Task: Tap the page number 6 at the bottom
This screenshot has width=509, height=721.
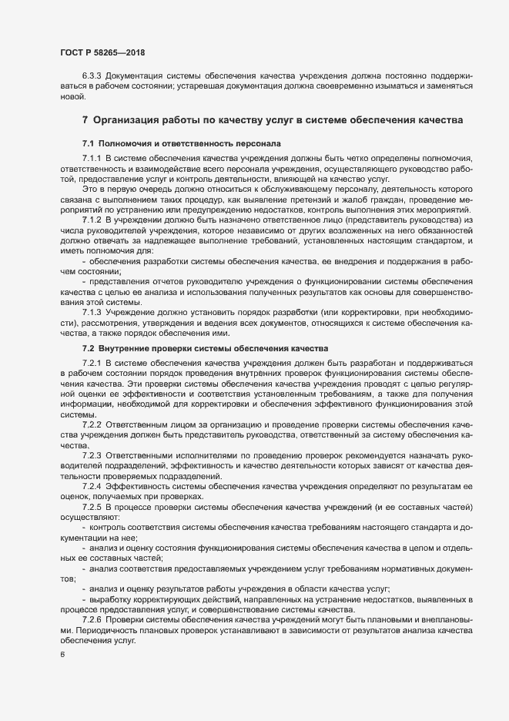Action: (62, 655)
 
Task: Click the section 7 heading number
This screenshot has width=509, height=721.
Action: (85, 121)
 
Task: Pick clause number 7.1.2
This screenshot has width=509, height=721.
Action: (92, 220)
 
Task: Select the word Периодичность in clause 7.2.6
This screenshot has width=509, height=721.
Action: (109, 630)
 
